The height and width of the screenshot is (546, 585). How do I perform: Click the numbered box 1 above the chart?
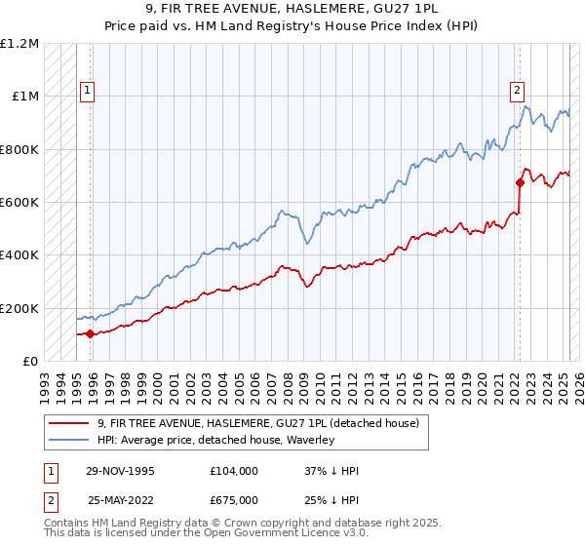pyautogui.click(x=87, y=91)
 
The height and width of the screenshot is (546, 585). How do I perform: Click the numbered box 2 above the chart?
pyautogui.click(x=516, y=91)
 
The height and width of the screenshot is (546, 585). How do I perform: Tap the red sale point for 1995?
pyautogui.click(x=91, y=333)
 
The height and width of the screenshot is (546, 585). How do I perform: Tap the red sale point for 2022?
pyautogui.click(x=521, y=182)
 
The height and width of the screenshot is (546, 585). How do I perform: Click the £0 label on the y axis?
pyautogui.click(x=30, y=361)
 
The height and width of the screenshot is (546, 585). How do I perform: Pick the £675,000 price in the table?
pyautogui.click(x=233, y=500)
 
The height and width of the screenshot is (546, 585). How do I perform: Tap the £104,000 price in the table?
pyautogui.click(x=233, y=471)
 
